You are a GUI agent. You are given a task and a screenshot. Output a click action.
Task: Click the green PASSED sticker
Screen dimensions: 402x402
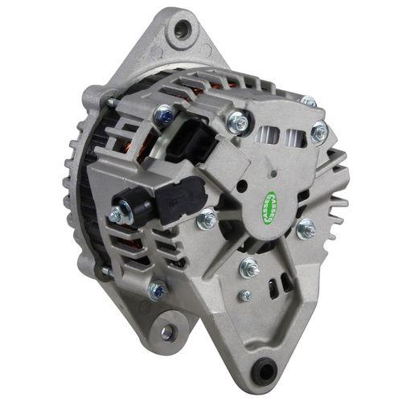coord(271,208)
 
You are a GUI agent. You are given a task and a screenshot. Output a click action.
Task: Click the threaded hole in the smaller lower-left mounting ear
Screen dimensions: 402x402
coord(166,332)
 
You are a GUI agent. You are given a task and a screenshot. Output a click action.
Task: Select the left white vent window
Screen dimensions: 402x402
coord(268,135)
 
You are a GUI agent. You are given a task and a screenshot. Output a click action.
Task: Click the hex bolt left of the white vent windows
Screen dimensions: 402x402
coord(237,121)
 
